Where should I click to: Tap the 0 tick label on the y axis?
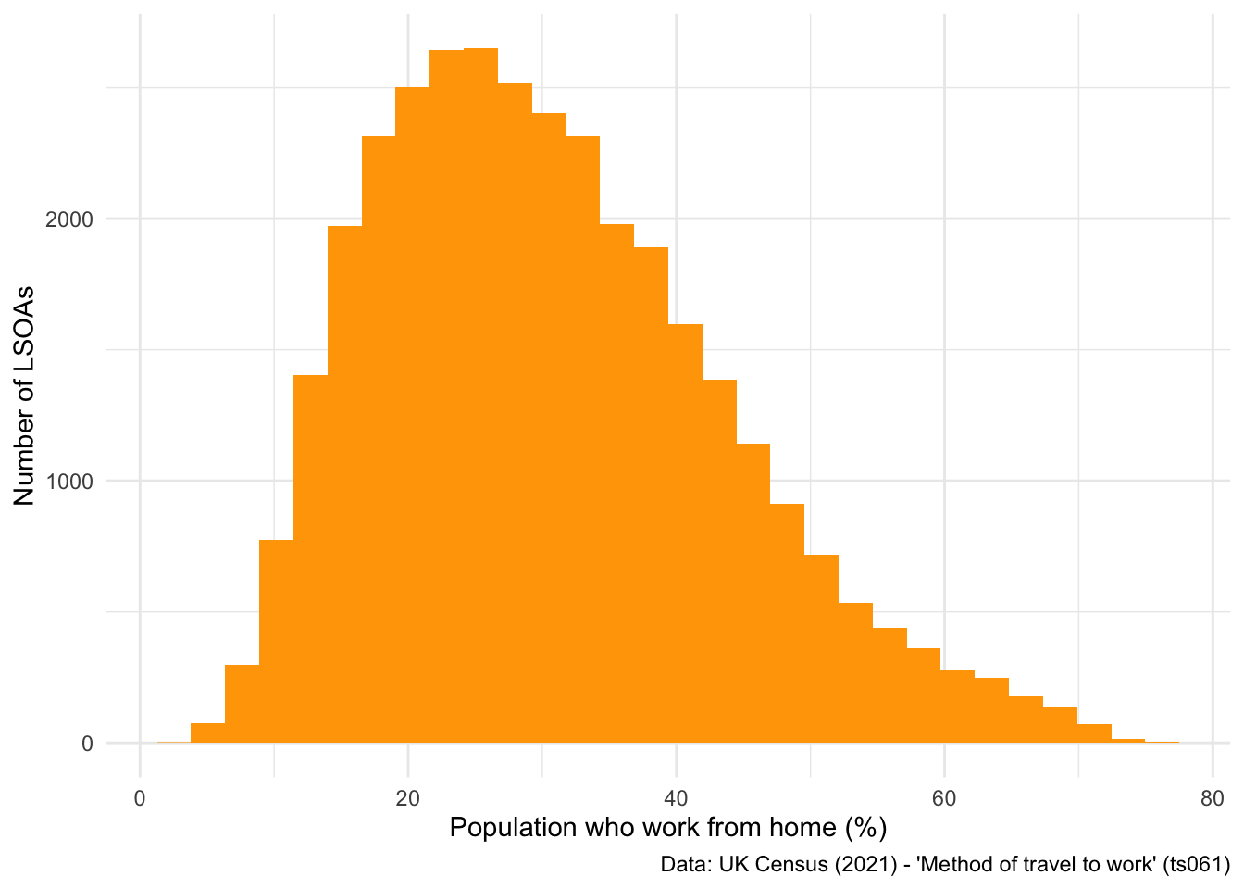tap(87, 744)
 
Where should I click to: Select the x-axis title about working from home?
tap(667, 827)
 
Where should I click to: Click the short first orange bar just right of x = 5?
tap(208, 733)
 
